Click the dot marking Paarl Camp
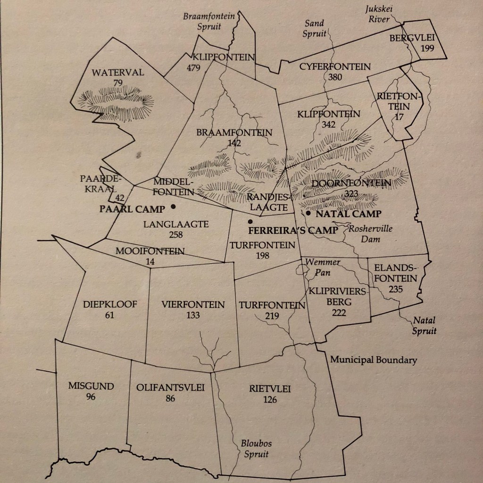pyautogui.click(x=174, y=206)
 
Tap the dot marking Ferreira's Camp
pyautogui.click(x=250, y=221)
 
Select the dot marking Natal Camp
pyautogui.click(x=308, y=213)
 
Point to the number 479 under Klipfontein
pyautogui.click(x=193, y=67)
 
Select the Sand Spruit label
pyautogui.click(x=314, y=27)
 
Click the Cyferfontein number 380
pyautogui.click(x=335, y=77)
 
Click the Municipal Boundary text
pyautogui.click(x=374, y=360)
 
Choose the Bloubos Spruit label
pyautogui.click(x=256, y=449)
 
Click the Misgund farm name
pyautogui.click(x=91, y=386)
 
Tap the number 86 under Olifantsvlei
pyautogui.click(x=170, y=399)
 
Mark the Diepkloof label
pyautogui.click(x=109, y=304)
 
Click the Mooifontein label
pyautogui.click(x=150, y=251)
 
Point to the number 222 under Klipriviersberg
pyautogui.click(x=339, y=312)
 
